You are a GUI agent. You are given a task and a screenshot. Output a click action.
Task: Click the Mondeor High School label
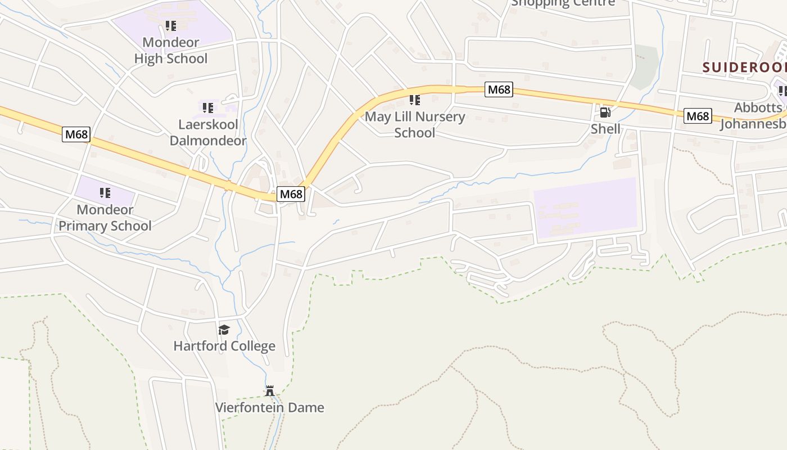[170, 51]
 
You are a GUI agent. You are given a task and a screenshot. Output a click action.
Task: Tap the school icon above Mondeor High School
[171, 26]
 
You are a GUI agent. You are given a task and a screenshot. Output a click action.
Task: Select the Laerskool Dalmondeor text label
[208, 132]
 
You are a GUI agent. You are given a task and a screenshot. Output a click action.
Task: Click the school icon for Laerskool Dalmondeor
[208, 107]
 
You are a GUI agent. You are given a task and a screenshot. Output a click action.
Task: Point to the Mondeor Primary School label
[105, 218]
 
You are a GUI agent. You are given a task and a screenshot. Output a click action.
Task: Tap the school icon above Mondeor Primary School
[105, 193]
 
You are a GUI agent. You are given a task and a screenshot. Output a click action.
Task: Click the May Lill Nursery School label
[415, 125]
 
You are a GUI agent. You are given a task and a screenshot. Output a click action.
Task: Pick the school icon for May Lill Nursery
[415, 100]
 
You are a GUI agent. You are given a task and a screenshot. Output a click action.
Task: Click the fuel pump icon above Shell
[605, 112]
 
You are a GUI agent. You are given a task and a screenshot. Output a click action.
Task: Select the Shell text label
[605, 129]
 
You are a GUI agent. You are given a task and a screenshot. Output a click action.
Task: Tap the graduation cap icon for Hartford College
[224, 330]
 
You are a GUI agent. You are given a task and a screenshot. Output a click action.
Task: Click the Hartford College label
[224, 346]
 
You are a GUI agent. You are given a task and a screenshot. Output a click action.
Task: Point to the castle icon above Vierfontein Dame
[270, 390]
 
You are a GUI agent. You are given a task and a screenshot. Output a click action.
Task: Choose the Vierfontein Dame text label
[270, 407]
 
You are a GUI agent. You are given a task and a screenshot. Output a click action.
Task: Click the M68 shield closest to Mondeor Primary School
[76, 134]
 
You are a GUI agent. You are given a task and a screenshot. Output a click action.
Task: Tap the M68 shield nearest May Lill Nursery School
[499, 89]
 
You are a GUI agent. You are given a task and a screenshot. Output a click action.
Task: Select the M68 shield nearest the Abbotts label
[698, 116]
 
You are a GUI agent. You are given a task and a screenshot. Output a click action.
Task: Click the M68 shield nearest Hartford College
[291, 194]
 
